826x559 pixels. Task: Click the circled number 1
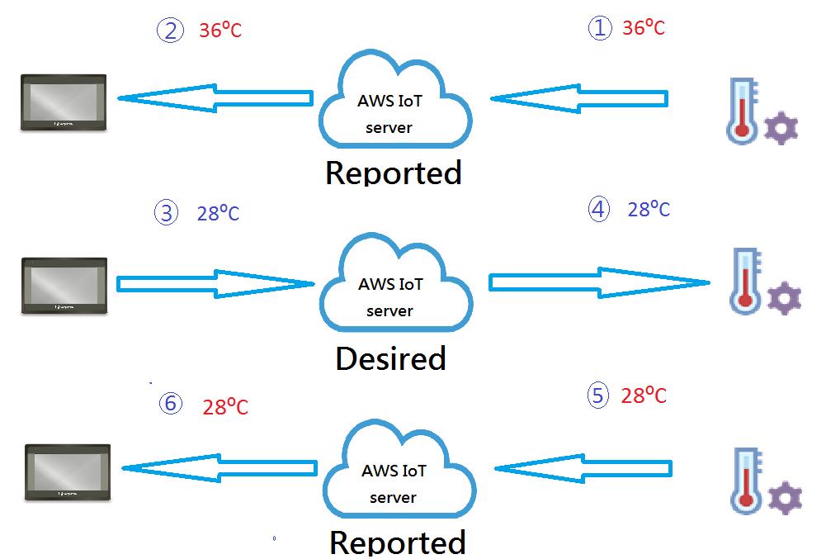(x=599, y=28)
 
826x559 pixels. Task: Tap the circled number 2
(x=169, y=31)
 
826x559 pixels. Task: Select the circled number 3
(x=167, y=214)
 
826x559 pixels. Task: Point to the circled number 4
(x=598, y=210)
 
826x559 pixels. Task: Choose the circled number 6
(x=170, y=404)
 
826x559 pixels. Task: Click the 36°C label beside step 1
(x=644, y=28)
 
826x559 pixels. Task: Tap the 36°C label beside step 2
(x=220, y=31)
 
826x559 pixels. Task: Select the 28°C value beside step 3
(x=218, y=214)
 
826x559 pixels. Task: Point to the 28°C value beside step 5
(x=644, y=396)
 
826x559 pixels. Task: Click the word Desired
(x=390, y=359)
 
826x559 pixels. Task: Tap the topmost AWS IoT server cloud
(x=394, y=105)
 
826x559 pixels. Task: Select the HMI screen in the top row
(x=64, y=102)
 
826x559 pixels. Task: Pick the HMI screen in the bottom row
(x=68, y=472)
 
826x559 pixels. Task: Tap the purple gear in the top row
(x=781, y=130)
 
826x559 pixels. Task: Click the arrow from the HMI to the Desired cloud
(x=216, y=284)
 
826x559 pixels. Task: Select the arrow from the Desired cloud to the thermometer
(x=598, y=283)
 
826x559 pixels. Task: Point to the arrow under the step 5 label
(x=592, y=468)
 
